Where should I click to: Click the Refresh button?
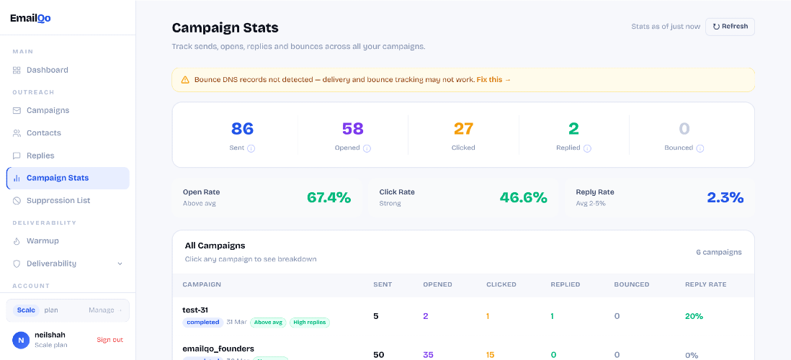tap(730, 27)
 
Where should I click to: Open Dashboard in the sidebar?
tap(47, 70)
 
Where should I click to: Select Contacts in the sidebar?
tap(43, 133)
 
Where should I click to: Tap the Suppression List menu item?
tap(58, 201)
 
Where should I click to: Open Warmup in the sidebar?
tap(43, 241)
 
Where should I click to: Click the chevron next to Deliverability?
tap(120, 264)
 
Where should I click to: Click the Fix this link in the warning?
tap(493, 80)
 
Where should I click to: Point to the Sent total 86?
tap(242, 129)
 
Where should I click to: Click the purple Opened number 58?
tap(352, 129)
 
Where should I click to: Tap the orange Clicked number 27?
tap(463, 129)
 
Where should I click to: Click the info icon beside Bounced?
tap(700, 148)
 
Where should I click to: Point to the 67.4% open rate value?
tap(329, 197)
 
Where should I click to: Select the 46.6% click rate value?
tap(523, 197)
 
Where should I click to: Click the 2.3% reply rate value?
tap(725, 197)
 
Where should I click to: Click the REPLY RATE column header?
tap(705, 284)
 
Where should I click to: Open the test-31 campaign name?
tap(195, 310)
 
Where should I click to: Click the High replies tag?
tap(309, 323)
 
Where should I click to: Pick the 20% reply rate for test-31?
tap(694, 316)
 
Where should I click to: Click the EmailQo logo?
tap(30, 18)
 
